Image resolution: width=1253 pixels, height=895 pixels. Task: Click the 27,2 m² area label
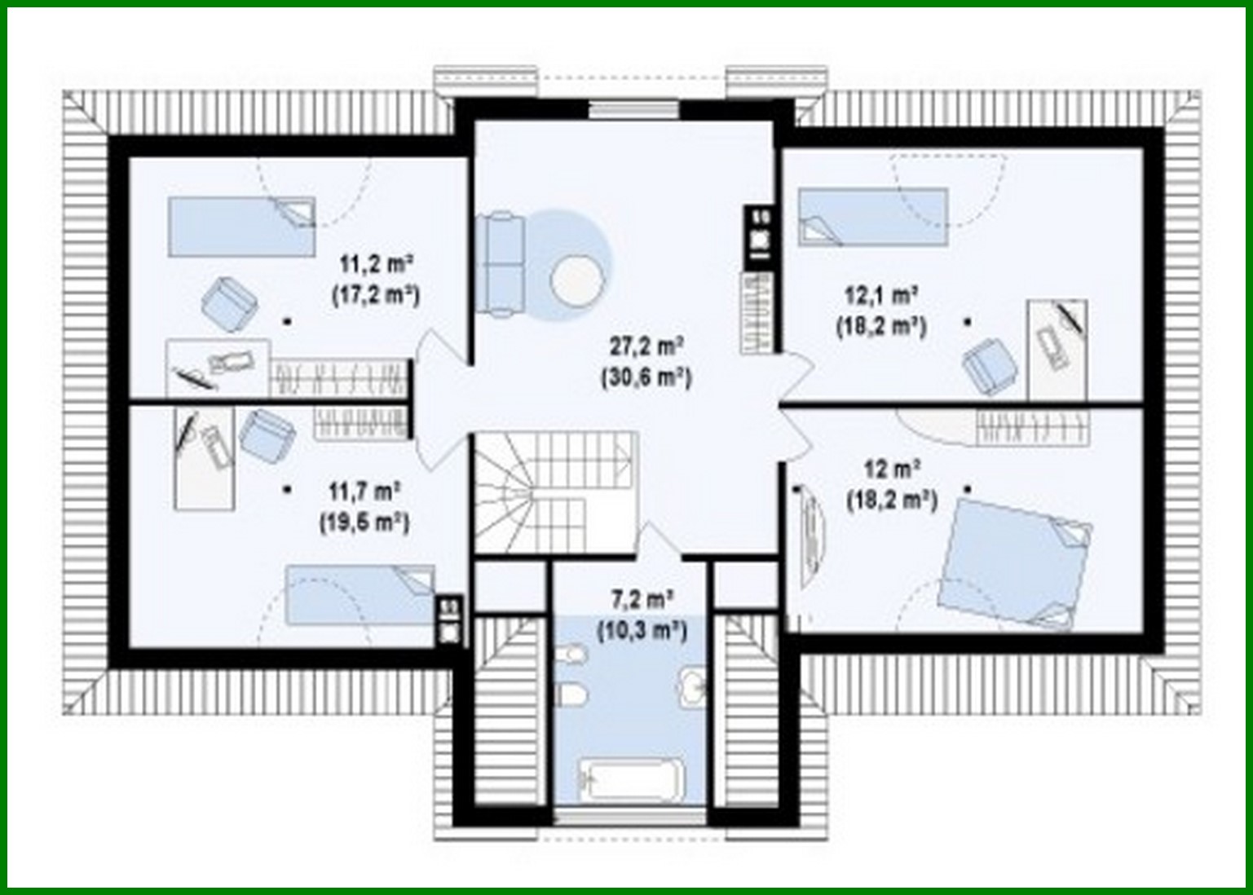[646, 346]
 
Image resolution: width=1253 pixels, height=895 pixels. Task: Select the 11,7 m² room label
[364, 492]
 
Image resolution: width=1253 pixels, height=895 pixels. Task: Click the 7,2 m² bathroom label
[642, 600]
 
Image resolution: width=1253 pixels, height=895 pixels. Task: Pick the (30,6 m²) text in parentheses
[646, 377]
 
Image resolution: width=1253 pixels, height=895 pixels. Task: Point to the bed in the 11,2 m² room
[241, 226]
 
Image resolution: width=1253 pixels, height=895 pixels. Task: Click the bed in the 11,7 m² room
[360, 594]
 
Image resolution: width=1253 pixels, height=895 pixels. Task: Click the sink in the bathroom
[694, 685]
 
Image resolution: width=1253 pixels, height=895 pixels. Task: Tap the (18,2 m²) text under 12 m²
[892, 500]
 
